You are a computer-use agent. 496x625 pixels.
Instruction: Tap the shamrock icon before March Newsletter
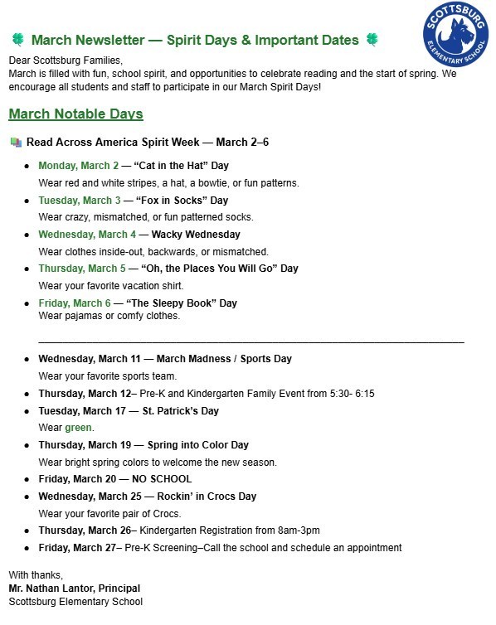17,40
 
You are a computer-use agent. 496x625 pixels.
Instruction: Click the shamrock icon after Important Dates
374,40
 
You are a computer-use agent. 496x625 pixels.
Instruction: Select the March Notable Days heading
75,114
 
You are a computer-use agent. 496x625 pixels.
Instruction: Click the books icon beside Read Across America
16,143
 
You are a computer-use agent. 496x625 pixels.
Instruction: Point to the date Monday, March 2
79,166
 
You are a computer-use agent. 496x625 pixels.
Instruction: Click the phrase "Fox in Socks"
171,201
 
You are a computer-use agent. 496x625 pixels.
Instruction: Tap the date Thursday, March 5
82,269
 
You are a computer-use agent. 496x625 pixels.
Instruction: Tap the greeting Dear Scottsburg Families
66,61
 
